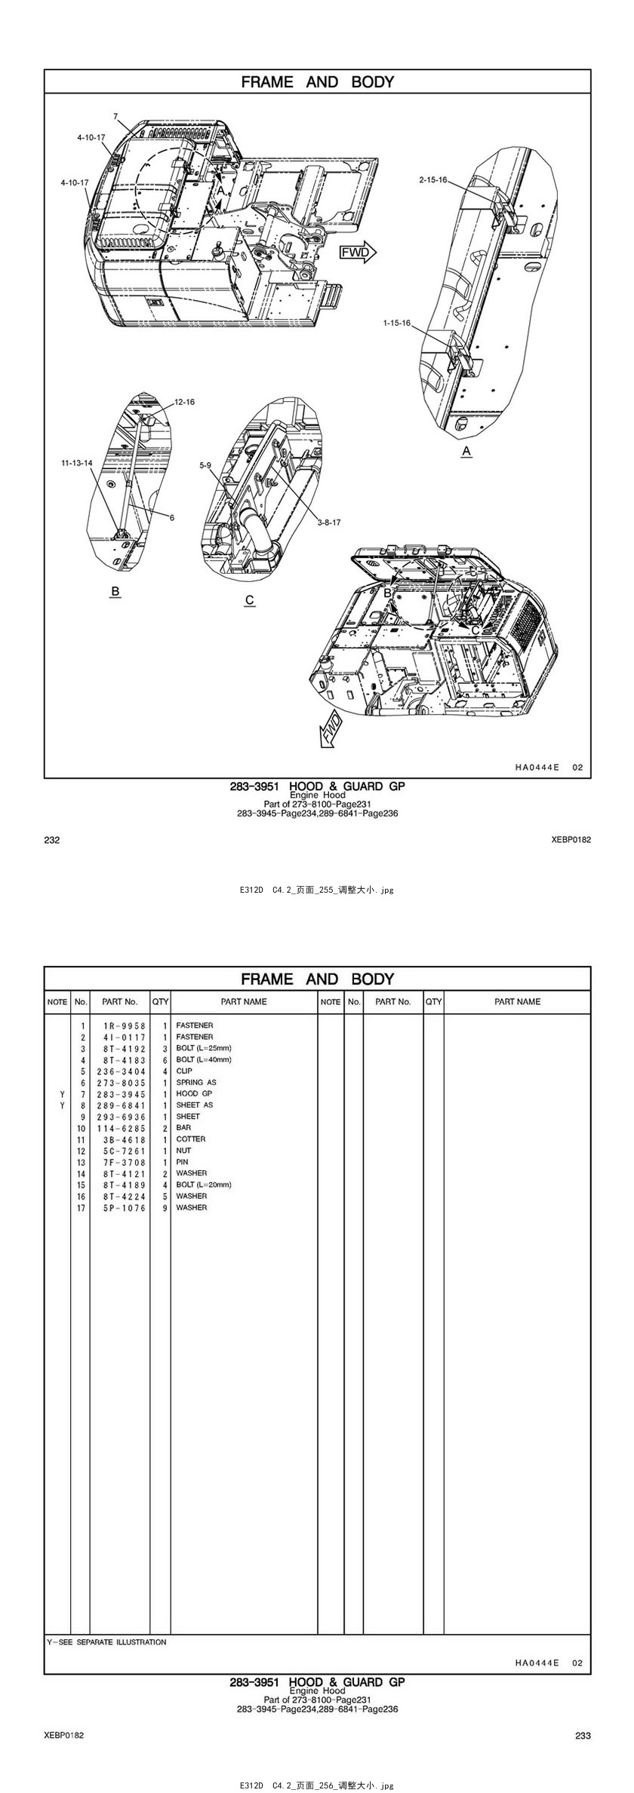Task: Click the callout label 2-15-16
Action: [x=433, y=179]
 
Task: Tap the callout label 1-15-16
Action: [x=396, y=323]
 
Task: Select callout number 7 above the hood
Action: [x=115, y=117]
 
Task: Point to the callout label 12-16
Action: [x=184, y=402]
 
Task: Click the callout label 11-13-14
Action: [x=77, y=463]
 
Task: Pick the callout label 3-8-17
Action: [x=328, y=522]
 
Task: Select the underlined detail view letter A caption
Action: [x=466, y=451]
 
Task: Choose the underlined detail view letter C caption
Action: [x=250, y=600]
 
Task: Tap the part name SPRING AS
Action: [x=196, y=1082]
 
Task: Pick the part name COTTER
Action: [x=191, y=1139]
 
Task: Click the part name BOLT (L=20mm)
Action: [x=204, y=1185]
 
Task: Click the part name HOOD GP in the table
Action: [x=194, y=1093]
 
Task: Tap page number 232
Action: [x=52, y=840]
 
